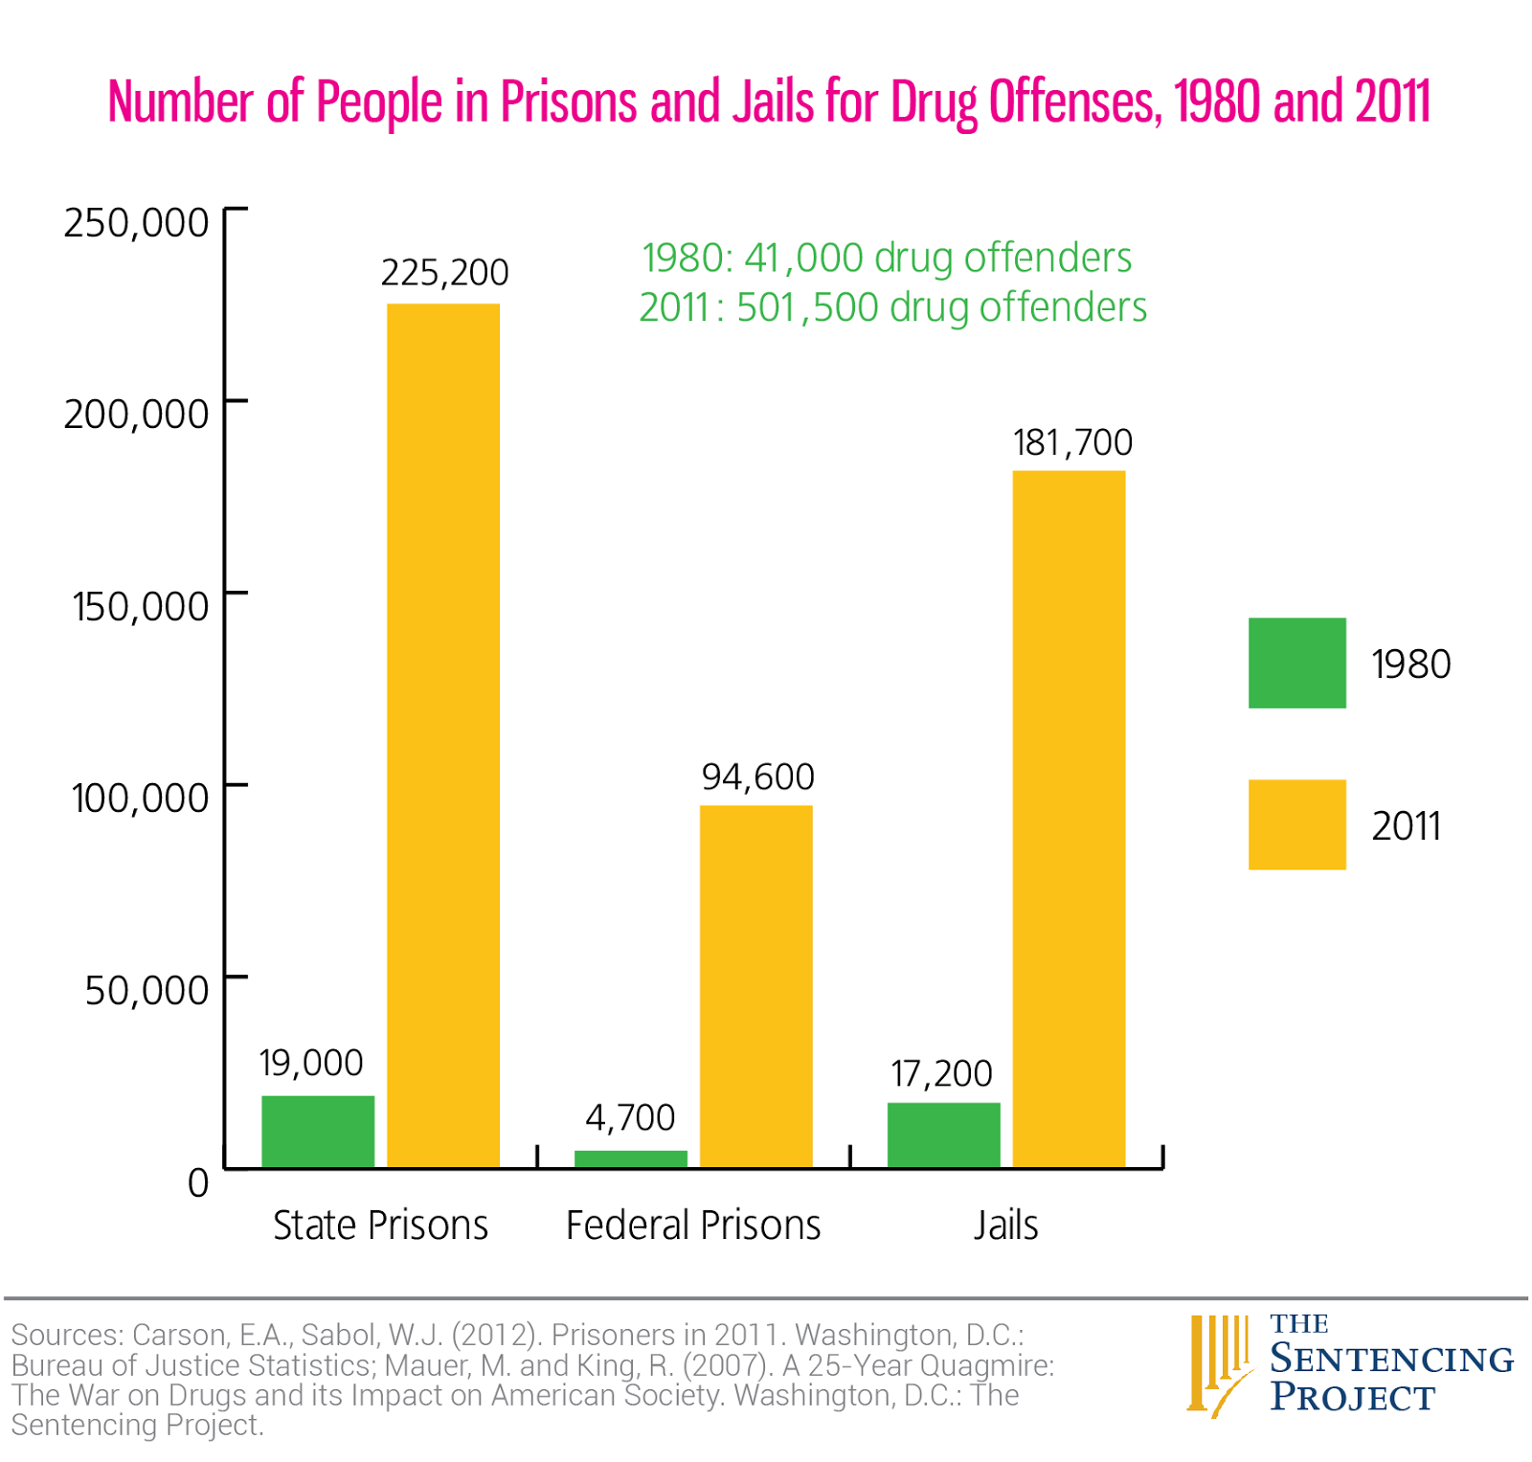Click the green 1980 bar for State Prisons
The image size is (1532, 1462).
tap(318, 1131)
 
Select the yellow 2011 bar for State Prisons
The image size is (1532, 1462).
tap(443, 735)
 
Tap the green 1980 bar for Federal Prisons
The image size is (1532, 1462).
tap(631, 1158)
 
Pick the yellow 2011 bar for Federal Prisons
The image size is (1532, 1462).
tap(756, 986)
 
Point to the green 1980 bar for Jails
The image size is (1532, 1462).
tap(944, 1135)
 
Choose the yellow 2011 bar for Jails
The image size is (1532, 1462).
tap(1069, 819)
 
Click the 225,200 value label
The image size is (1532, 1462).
tap(445, 273)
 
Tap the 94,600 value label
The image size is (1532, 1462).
tap(758, 776)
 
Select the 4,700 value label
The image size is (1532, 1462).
tap(630, 1117)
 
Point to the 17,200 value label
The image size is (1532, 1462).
tap(941, 1073)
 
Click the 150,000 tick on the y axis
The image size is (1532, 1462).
tap(140, 606)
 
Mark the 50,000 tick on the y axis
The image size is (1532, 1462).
tap(146, 990)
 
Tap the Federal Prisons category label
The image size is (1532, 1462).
tap(693, 1225)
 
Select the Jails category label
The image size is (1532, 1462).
tap(1005, 1225)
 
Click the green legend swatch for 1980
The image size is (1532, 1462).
tap(1296, 663)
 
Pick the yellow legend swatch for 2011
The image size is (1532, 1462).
tap(1296, 824)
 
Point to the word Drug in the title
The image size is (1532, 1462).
tap(934, 102)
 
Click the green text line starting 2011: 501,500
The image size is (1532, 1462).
tap(892, 307)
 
